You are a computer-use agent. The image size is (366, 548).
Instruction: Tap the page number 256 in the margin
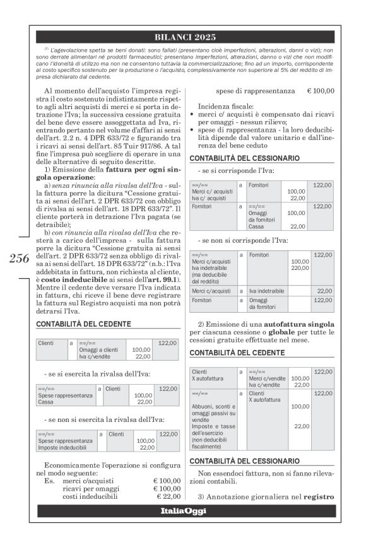(19, 259)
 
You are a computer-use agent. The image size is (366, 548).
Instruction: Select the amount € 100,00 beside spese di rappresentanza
(321, 91)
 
